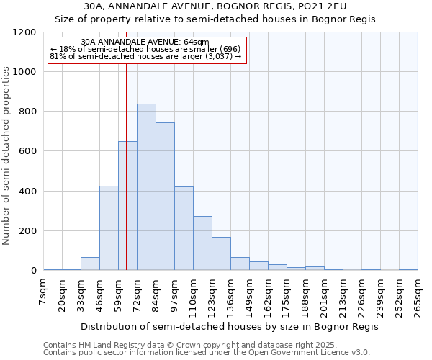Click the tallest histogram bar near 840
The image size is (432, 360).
click(146, 187)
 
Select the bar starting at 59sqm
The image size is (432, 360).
click(127, 206)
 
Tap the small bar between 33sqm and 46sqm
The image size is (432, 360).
click(90, 264)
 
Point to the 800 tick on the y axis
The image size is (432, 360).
click(27, 112)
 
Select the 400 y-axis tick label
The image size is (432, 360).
click(27, 192)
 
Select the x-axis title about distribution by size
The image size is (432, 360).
click(230, 326)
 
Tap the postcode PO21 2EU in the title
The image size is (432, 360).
click(315, 6)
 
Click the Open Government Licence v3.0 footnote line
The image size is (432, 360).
click(207, 353)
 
